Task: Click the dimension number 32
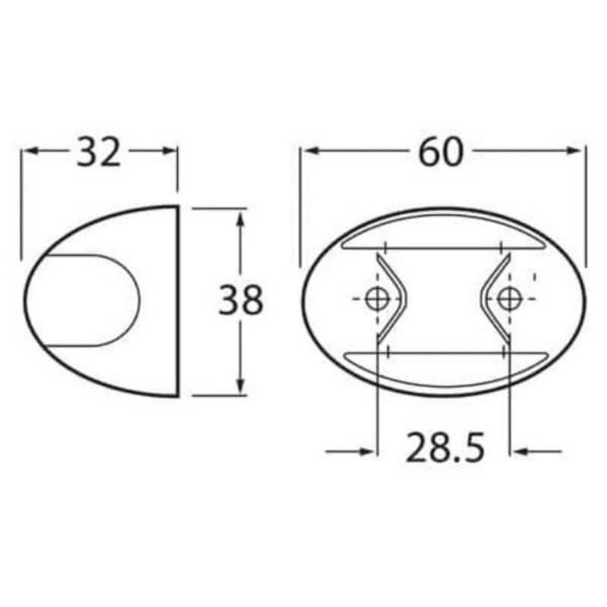pos(99,153)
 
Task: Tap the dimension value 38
pos(241,300)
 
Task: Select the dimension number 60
pos(440,153)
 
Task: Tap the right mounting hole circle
pos(508,299)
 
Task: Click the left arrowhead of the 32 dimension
pos(28,151)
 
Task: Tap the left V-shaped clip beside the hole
pos(395,299)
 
